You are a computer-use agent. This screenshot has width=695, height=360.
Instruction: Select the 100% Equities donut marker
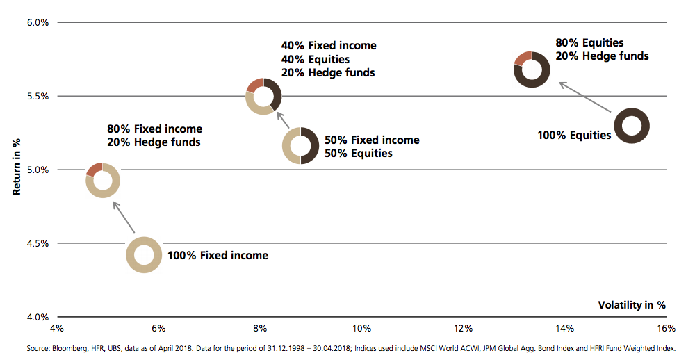point(632,126)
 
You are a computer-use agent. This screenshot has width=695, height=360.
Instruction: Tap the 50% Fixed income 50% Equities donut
point(300,146)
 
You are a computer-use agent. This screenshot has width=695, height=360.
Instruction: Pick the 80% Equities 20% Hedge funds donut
point(532,69)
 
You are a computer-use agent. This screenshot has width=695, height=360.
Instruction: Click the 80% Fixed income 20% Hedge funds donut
point(102,180)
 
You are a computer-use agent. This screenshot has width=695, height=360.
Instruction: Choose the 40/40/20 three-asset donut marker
point(263,96)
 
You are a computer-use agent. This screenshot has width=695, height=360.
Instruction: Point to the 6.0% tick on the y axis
point(37,22)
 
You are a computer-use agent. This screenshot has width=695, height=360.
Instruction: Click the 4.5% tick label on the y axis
point(37,243)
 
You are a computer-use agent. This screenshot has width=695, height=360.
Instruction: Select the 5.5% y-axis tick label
point(37,96)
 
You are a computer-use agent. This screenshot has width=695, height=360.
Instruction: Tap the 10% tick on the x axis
point(361,327)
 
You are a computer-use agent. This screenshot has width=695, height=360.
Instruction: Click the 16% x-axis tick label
point(665,327)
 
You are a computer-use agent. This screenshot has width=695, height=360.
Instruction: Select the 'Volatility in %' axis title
point(632,304)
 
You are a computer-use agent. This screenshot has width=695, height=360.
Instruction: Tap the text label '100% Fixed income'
point(218,256)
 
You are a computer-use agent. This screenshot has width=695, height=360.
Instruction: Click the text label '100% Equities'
point(574,135)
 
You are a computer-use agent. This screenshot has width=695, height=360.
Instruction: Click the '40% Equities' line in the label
point(315,59)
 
